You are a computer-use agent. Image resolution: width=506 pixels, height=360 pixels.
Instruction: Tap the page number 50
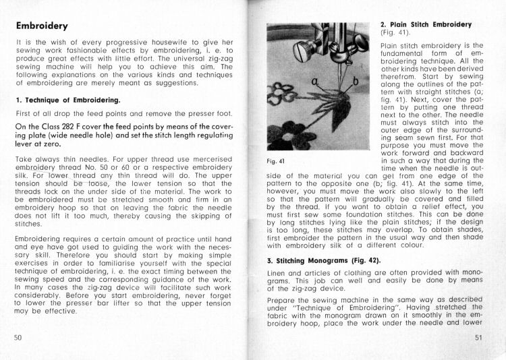18,336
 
